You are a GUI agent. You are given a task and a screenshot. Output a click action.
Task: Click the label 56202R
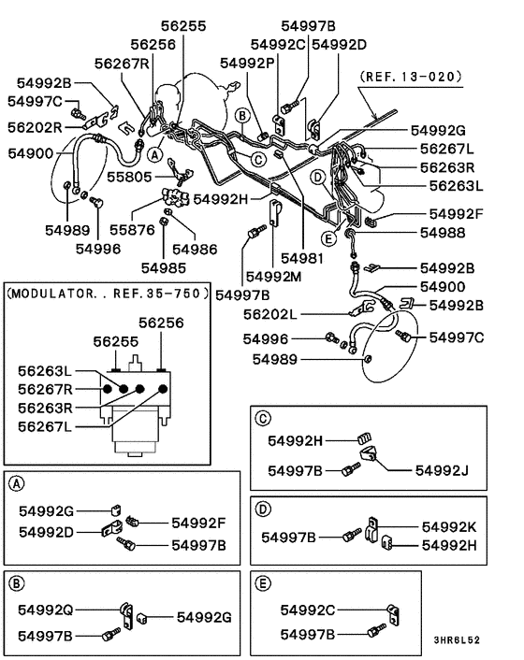point(36,126)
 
